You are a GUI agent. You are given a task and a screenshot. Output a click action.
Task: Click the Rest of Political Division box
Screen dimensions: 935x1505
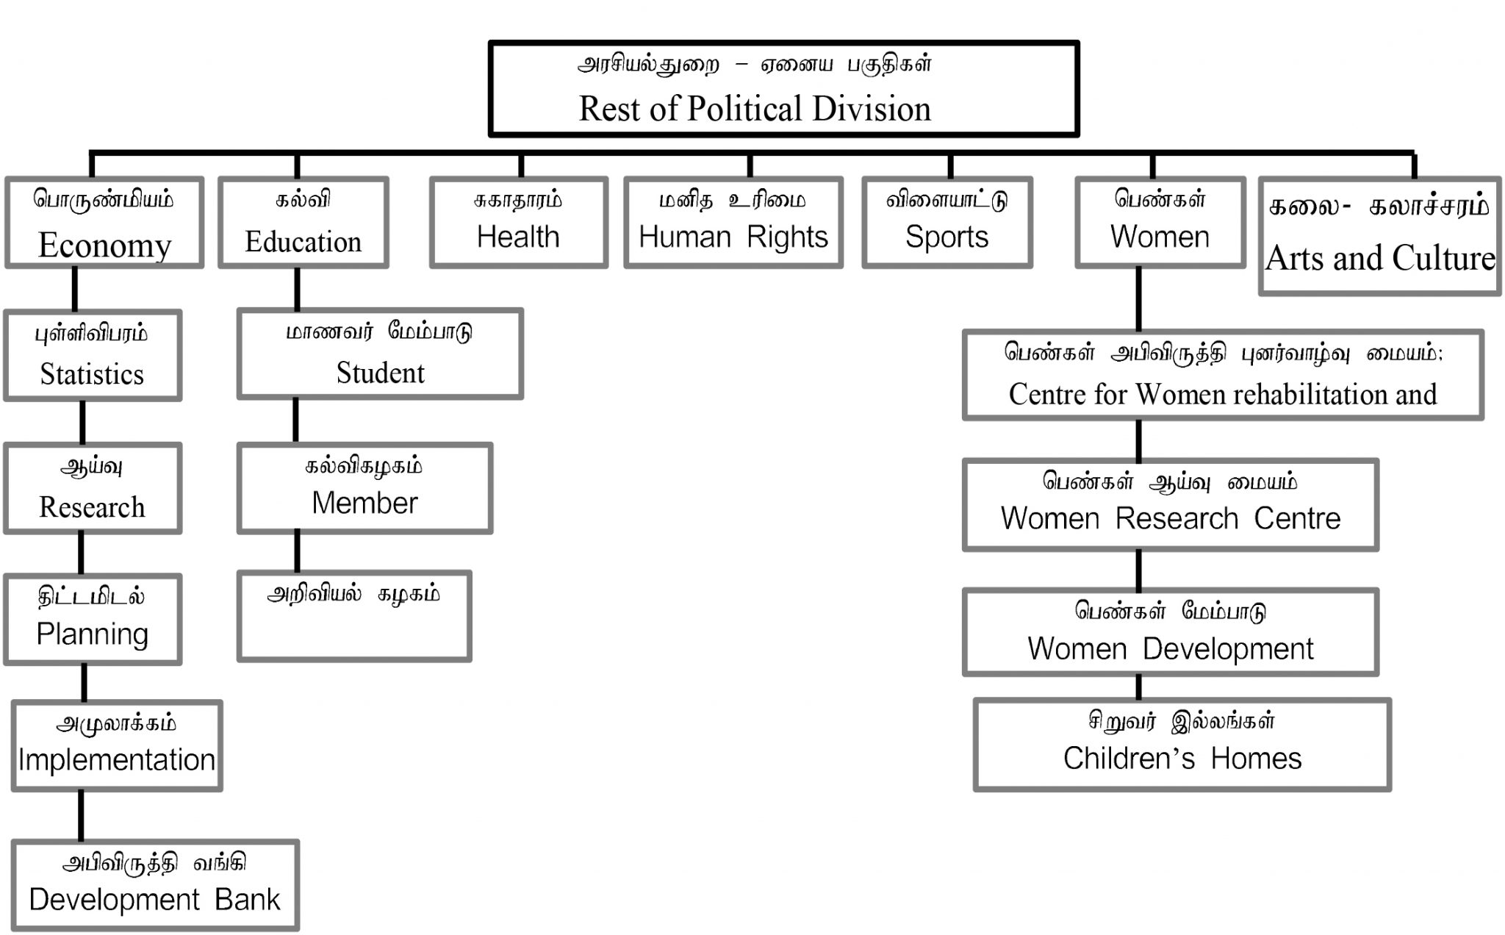(x=783, y=89)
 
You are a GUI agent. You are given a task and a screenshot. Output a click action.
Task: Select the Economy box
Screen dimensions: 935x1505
(x=104, y=223)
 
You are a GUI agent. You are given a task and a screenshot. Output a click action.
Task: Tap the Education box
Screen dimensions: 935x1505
(x=303, y=223)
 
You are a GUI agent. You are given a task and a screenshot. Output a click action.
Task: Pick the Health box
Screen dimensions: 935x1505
(x=518, y=223)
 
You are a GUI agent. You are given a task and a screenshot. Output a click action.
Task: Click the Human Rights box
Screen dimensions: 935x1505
(x=733, y=223)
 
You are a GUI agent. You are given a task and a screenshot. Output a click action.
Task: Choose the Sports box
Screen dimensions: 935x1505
(x=947, y=223)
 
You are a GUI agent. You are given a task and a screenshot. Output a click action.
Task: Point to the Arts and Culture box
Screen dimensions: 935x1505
(x=1379, y=236)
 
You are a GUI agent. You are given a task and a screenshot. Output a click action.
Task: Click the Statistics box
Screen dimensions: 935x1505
(x=93, y=356)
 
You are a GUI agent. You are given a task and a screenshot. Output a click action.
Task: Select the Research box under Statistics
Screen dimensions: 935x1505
(x=93, y=488)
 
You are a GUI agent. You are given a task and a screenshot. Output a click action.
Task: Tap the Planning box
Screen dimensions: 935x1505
(x=93, y=620)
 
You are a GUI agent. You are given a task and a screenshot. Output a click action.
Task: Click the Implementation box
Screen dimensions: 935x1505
(x=117, y=745)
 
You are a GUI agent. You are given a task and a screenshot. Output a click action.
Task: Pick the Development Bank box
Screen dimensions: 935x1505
(x=155, y=885)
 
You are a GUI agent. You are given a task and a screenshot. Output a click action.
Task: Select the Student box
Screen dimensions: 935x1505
(x=380, y=354)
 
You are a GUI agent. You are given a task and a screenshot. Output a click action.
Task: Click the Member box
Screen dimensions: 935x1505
(x=364, y=488)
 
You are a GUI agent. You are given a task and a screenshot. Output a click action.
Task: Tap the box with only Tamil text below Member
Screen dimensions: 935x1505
(x=354, y=616)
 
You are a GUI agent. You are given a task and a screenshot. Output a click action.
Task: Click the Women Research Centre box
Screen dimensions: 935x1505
(x=1170, y=505)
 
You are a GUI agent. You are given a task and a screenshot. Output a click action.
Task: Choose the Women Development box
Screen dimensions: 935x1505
(x=1170, y=632)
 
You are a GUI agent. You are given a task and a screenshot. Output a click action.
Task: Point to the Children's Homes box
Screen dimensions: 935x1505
(x=1182, y=745)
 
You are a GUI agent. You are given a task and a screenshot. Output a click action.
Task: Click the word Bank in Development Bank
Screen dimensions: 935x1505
(x=248, y=900)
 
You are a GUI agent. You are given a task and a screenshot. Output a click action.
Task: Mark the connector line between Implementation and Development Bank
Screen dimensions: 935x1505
(x=81, y=815)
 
